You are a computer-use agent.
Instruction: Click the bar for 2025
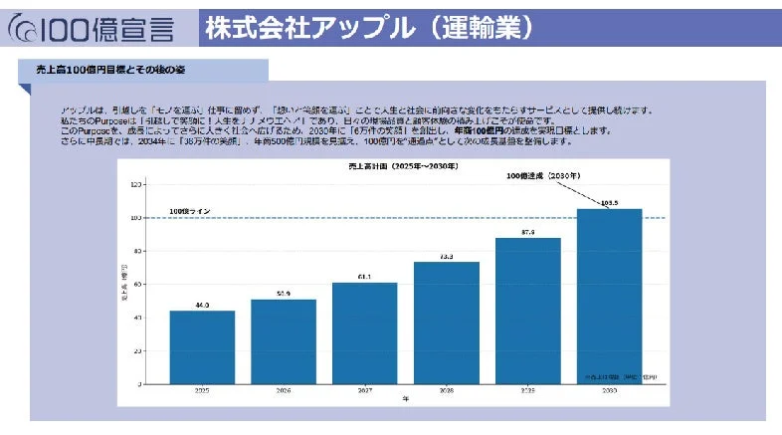point(202,346)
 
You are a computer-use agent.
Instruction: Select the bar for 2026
point(284,340)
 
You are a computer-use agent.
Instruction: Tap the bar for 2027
point(364,332)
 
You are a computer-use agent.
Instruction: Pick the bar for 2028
point(446,323)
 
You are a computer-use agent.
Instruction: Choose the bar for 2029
point(527,311)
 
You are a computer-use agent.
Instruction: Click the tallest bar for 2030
point(609,296)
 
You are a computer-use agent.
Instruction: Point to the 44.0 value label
point(202,305)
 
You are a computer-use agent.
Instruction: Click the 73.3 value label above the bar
point(446,256)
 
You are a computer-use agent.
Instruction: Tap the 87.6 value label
point(527,232)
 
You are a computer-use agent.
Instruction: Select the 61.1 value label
point(364,276)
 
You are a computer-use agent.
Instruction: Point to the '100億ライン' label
point(190,211)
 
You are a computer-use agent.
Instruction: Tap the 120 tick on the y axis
point(135,184)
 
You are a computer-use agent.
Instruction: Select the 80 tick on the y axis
point(137,251)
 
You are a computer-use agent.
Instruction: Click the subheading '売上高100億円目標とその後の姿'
point(104,71)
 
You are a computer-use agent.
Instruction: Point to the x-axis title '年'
point(405,400)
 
